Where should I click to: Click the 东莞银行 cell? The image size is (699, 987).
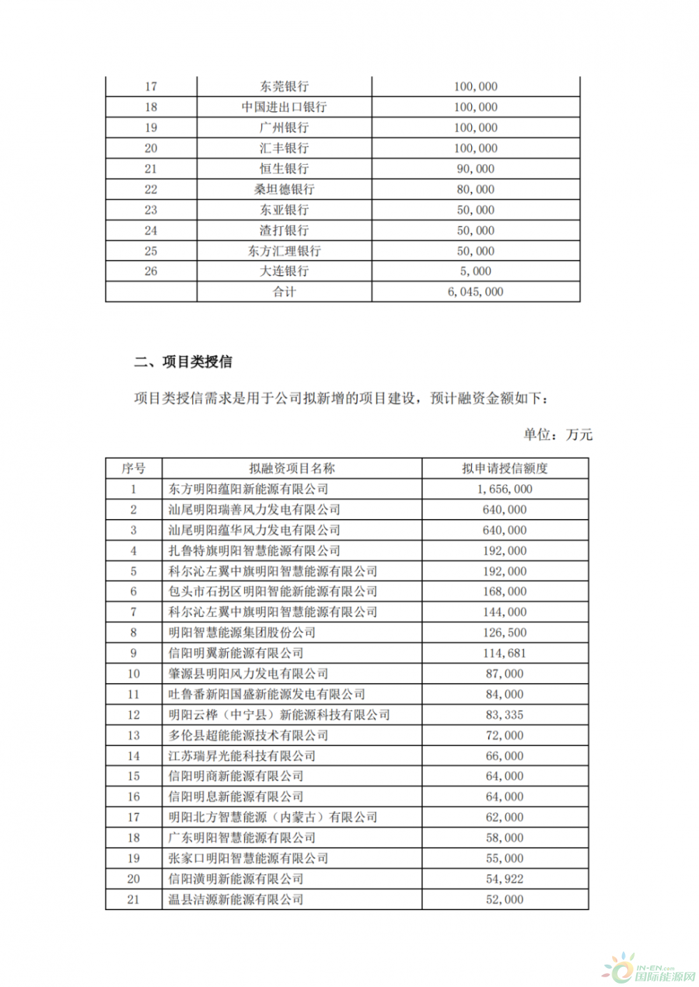(x=284, y=87)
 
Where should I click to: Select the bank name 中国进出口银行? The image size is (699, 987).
(x=284, y=107)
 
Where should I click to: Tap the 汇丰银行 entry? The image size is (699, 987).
(x=284, y=148)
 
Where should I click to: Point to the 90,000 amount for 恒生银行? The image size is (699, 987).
(x=475, y=168)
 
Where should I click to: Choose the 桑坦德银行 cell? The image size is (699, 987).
(x=284, y=189)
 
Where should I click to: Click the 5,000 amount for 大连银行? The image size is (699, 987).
(x=475, y=271)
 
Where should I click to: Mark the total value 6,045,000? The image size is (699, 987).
(x=475, y=292)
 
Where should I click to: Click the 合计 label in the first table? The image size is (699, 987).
(x=284, y=292)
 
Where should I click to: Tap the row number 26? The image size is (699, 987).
(x=151, y=271)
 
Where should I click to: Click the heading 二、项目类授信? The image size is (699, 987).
(x=183, y=362)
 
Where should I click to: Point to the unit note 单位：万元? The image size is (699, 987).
(x=558, y=434)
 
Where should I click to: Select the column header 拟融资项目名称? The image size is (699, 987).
(x=291, y=469)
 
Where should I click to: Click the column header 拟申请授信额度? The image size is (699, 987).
(x=505, y=469)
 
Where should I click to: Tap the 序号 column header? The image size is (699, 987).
(x=134, y=469)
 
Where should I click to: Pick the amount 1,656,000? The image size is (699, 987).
(x=505, y=489)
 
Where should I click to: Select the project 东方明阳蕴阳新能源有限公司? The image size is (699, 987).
(x=248, y=489)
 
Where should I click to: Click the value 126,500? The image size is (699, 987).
(x=505, y=633)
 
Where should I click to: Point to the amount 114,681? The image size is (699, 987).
(x=505, y=653)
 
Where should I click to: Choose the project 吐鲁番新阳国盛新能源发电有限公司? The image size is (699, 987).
(x=267, y=694)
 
